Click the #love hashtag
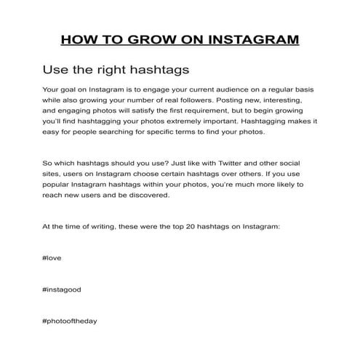click(53, 258)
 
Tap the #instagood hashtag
click(62, 289)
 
